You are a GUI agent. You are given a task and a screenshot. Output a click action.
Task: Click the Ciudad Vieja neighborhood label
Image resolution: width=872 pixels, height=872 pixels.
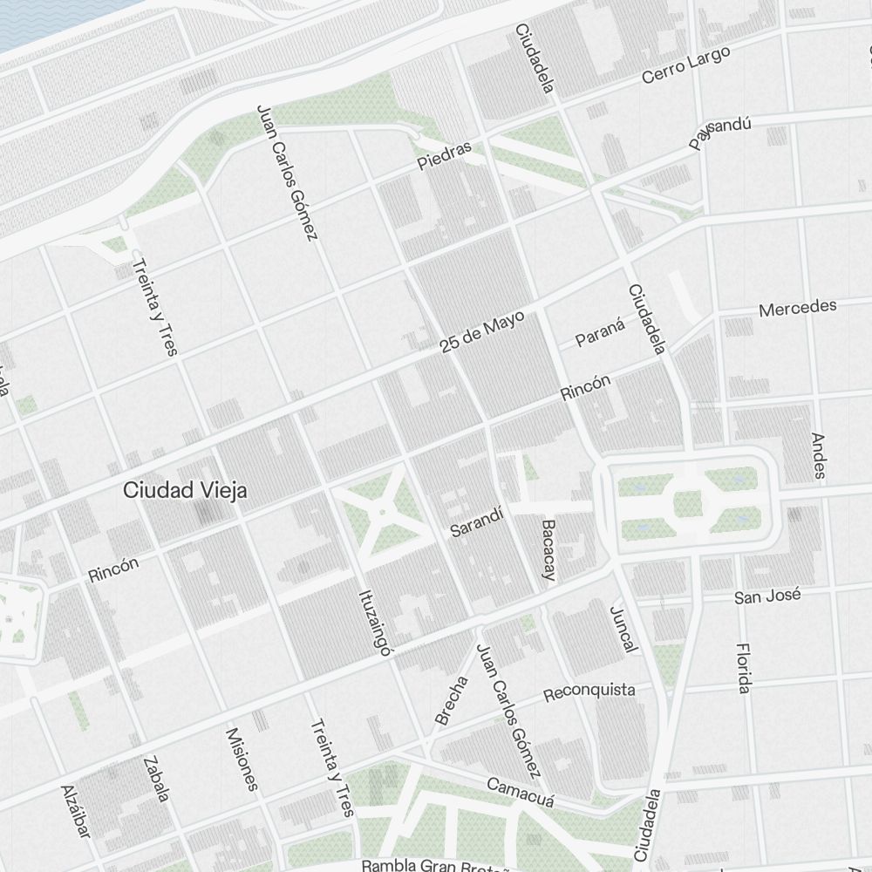coord(185,490)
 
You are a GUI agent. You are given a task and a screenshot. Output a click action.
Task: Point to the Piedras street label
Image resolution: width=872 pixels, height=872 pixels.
coord(444,155)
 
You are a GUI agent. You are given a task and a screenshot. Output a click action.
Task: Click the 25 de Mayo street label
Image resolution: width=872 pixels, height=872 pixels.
coord(481,332)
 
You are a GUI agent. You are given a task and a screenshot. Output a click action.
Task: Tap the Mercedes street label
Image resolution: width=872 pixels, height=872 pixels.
coord(797,308)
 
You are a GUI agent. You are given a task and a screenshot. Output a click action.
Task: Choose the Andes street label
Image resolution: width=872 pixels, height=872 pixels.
coord(818,455)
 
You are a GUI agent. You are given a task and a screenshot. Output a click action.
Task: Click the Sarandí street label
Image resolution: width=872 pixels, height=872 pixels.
coord(477,521)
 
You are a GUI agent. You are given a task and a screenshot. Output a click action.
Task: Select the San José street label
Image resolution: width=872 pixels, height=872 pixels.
coord(766,597)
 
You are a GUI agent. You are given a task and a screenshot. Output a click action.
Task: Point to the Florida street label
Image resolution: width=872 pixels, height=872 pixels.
coord(743,668)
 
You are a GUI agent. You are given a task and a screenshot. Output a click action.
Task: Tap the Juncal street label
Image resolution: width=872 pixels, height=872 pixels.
coord(623,629)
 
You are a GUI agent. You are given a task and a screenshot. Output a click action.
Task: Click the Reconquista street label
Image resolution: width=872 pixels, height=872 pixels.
coord(589,692)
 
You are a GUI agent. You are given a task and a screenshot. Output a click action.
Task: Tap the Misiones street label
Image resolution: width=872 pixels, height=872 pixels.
coord(242,759)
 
